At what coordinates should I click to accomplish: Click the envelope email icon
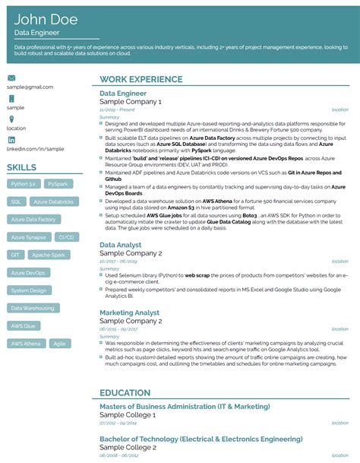click(x=11, y=78)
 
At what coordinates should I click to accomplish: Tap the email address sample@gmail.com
click(x=30, y=87)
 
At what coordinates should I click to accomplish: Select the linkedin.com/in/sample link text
click(x=35, y=149)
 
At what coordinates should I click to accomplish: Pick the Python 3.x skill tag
click(x=24, y=184)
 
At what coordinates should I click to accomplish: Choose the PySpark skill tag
click(x=56, y=184)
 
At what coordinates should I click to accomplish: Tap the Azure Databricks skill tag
click(x=52, y=201)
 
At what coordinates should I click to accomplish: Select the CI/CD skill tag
click(x=66, y=237)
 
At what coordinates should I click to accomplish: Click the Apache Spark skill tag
click(x=49, y=255)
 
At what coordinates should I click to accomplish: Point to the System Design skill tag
click(x=29, y=290)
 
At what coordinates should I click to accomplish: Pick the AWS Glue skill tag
click(x=24, y=325)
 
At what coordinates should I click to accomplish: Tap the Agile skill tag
click(x=58, y=343)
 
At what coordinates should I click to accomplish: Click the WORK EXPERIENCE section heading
click(x=141, y=80)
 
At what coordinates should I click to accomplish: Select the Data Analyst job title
click(x=122, y=245)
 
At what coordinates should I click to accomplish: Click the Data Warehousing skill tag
click(x=33, y=308)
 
